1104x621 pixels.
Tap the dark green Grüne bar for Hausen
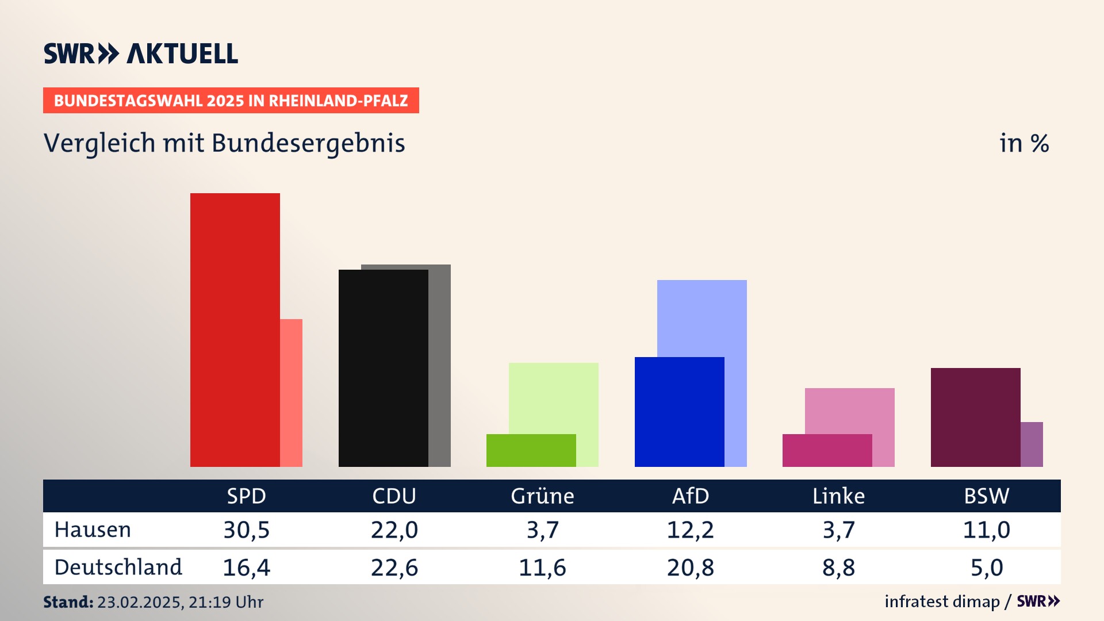coord(531,450)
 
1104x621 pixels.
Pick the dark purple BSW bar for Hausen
coord(975,417)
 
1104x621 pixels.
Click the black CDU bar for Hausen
coord(383,368)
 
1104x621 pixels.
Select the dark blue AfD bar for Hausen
coord(679,412)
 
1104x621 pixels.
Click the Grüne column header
coord(542,496)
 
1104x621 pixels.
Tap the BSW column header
coord(986,496)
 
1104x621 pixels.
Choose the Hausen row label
coord(93,530)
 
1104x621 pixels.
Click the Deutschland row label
coord(118,567)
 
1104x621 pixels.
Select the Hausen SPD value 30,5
coord(246,530)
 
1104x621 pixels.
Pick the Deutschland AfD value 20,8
coord(690,568)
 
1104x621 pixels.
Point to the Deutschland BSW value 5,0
coord(986,568)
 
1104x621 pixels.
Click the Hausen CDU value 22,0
coord(394,530)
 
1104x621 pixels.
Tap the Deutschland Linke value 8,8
coord(838,568)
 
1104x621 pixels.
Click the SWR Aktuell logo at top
coord(141,53)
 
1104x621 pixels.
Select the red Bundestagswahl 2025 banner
coord(231,101)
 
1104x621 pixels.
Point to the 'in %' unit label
coord(1023,143)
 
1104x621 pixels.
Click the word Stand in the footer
coord(68,602)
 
